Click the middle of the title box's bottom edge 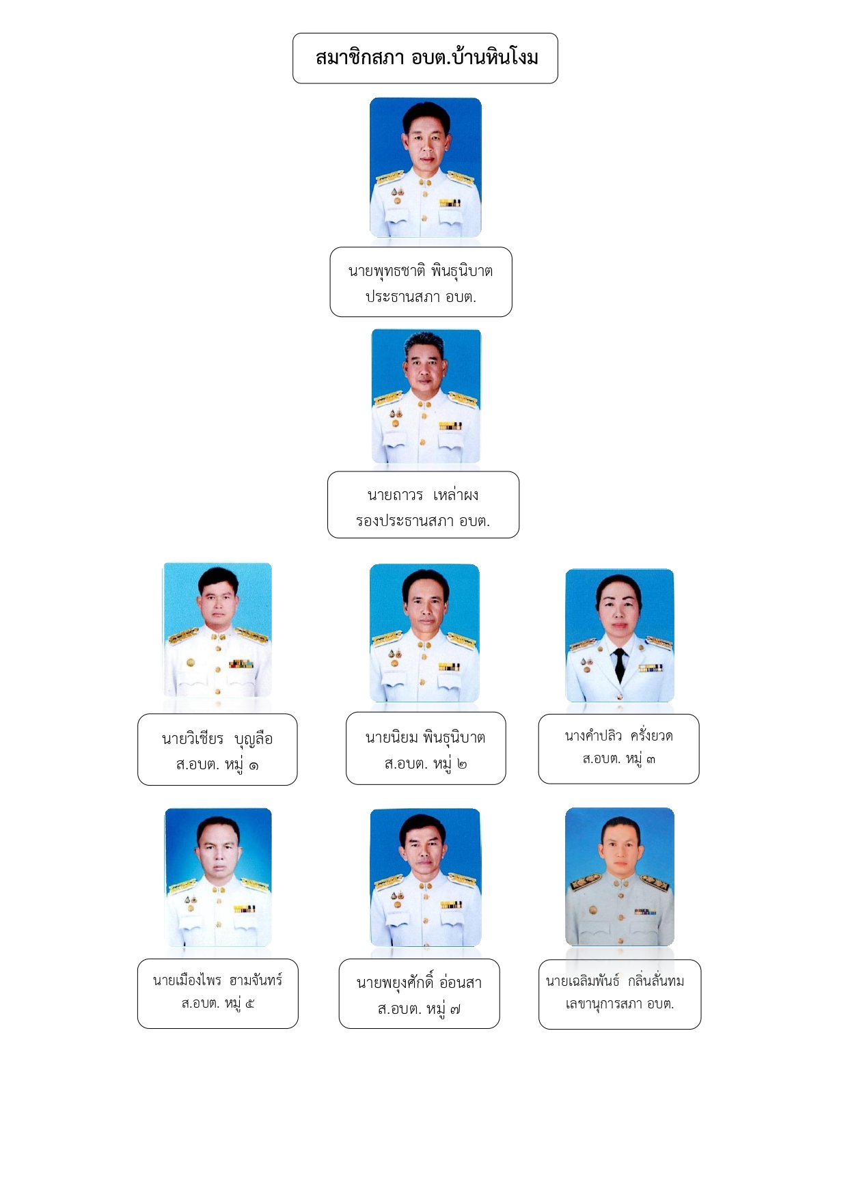425,83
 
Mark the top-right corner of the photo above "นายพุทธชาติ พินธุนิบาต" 481,98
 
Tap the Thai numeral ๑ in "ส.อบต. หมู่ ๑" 254,766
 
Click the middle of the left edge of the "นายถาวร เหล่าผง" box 328,505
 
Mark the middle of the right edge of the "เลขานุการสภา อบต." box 701,994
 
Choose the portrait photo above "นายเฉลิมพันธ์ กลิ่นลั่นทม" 620,877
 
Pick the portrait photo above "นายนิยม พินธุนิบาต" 424,633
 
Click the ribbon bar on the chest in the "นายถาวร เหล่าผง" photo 450,426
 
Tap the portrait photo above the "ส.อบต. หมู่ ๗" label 426,877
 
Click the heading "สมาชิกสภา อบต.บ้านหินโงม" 426,57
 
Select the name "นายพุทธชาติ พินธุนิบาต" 420,271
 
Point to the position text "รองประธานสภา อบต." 423,521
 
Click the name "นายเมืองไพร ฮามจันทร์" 217,980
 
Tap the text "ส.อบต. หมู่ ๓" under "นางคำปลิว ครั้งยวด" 618,759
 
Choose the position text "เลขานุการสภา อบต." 619,1004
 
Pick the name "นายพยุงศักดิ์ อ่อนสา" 419,982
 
